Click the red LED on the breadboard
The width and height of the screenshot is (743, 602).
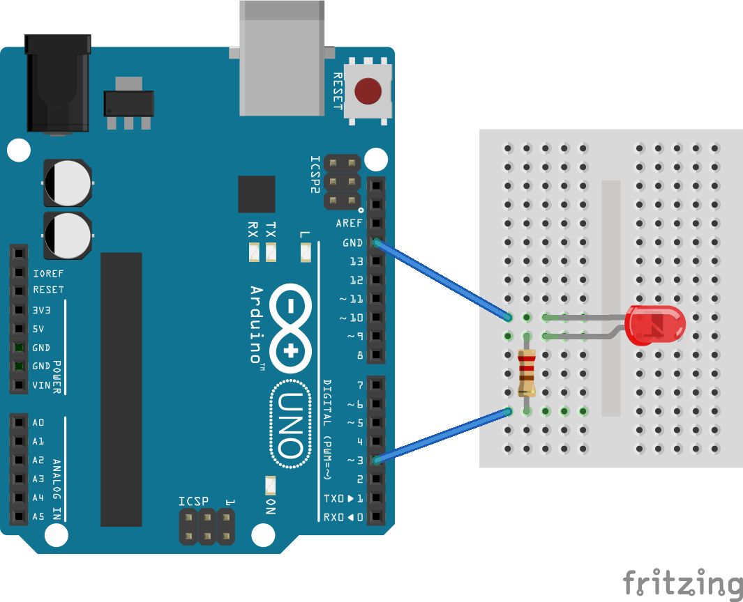[655, 325]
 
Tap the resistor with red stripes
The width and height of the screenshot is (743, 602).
[527, 373]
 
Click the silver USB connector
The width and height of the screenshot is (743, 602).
[282, 58]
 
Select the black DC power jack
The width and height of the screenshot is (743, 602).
[58, 84]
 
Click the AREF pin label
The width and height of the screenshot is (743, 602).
[349, 224]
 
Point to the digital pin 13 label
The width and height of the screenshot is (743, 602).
[357, 261]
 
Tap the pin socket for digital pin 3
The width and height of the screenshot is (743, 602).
[376, 460]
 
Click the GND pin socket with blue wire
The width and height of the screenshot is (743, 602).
[376, 242]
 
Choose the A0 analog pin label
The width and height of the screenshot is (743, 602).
[38, 422]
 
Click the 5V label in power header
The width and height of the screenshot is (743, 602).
[38, 329]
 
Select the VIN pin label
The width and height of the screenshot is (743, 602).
[41, 385]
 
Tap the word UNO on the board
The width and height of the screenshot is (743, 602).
[290, 424]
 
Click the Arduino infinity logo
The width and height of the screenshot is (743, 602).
[290, 328]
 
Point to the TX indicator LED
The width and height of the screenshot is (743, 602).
[271, 252]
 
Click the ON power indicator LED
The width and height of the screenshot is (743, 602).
[271, 485]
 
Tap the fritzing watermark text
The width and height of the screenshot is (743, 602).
[683, 583]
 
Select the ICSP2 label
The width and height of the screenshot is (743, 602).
[315, 174]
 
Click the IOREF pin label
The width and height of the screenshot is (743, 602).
[48, 274]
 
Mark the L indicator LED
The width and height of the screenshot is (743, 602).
[306, 252]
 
